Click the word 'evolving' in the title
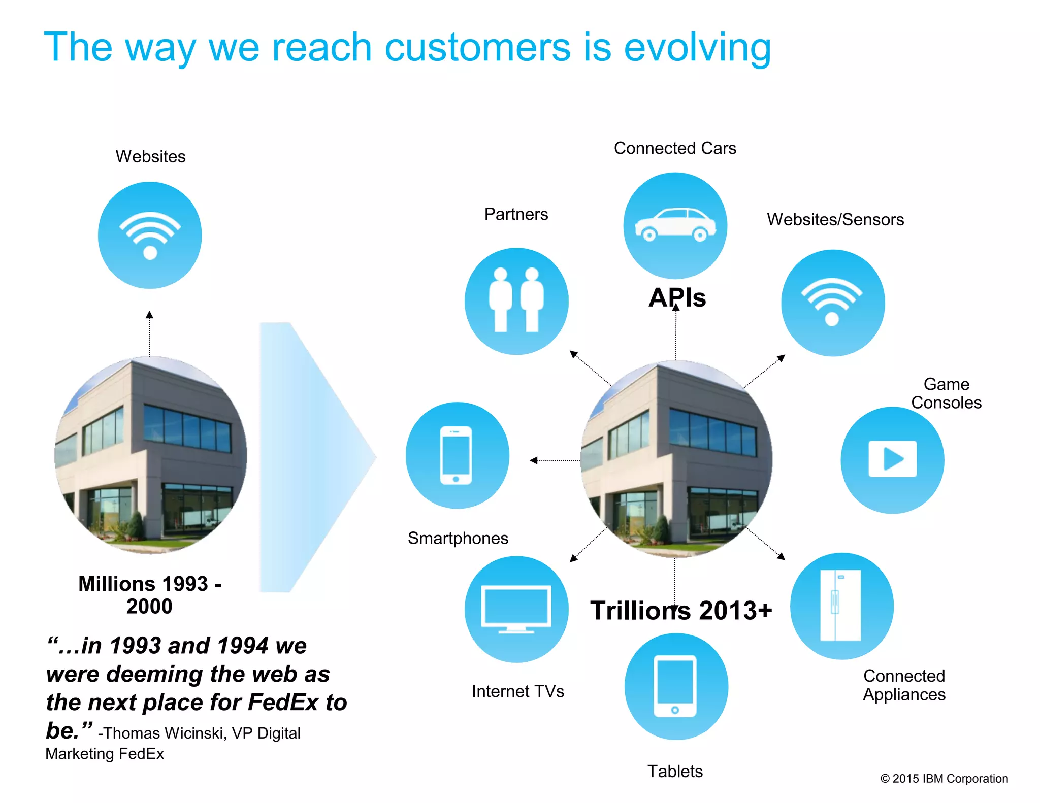(x=697, y=47)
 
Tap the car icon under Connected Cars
(x=675, y=225)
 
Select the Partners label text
(x=516, y=214)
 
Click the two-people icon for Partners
(x=516, y=300)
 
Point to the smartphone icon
(x=456, y=455)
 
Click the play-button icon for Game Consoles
(x=892, y=459)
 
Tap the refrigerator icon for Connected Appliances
(x=840, y=605)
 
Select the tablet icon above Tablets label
(x=675, y=686)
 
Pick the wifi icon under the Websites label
(x=150, y=235)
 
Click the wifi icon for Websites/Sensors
(x=832, y=302)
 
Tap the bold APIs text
(x=677, y=297)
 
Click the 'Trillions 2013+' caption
(x=680, y=611)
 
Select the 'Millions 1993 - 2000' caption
(x=149, y=595)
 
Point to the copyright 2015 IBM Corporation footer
(x=944, y=779)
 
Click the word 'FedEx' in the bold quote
(x=282, y=702)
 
